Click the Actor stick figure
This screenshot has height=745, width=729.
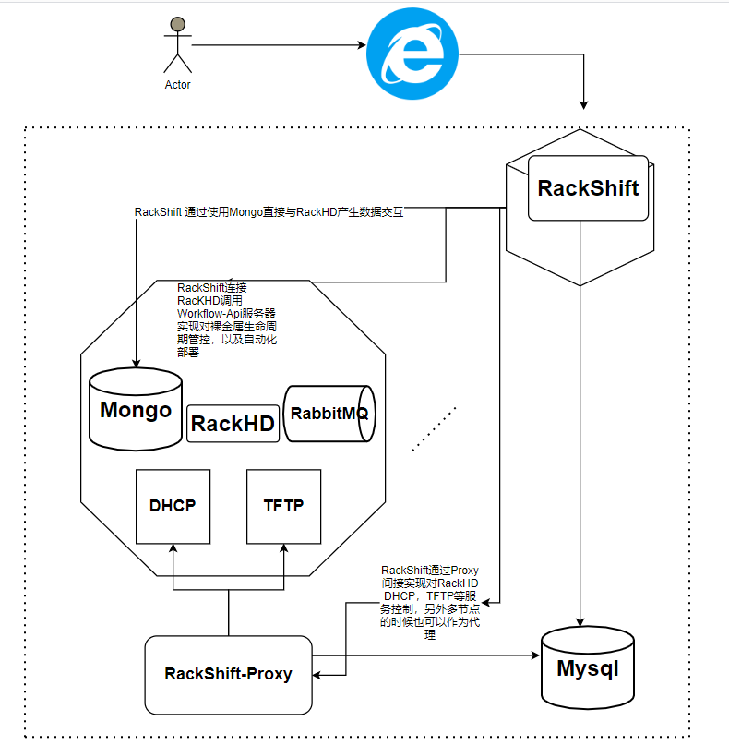177,46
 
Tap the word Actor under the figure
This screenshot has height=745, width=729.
177,85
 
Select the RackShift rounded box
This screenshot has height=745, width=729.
588,188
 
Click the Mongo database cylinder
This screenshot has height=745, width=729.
136,410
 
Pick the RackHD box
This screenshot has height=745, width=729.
233,424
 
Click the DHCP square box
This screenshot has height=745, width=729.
173,506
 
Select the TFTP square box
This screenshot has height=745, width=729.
283,506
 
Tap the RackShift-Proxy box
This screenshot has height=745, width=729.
228,674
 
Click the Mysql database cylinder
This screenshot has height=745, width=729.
586,667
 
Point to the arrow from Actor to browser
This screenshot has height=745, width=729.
277,44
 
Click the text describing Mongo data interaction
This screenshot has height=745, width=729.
269,211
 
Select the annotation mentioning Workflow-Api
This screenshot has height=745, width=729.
227,319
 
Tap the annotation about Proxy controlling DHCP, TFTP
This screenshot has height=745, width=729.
430,603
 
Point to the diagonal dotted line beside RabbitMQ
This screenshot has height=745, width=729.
435,428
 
